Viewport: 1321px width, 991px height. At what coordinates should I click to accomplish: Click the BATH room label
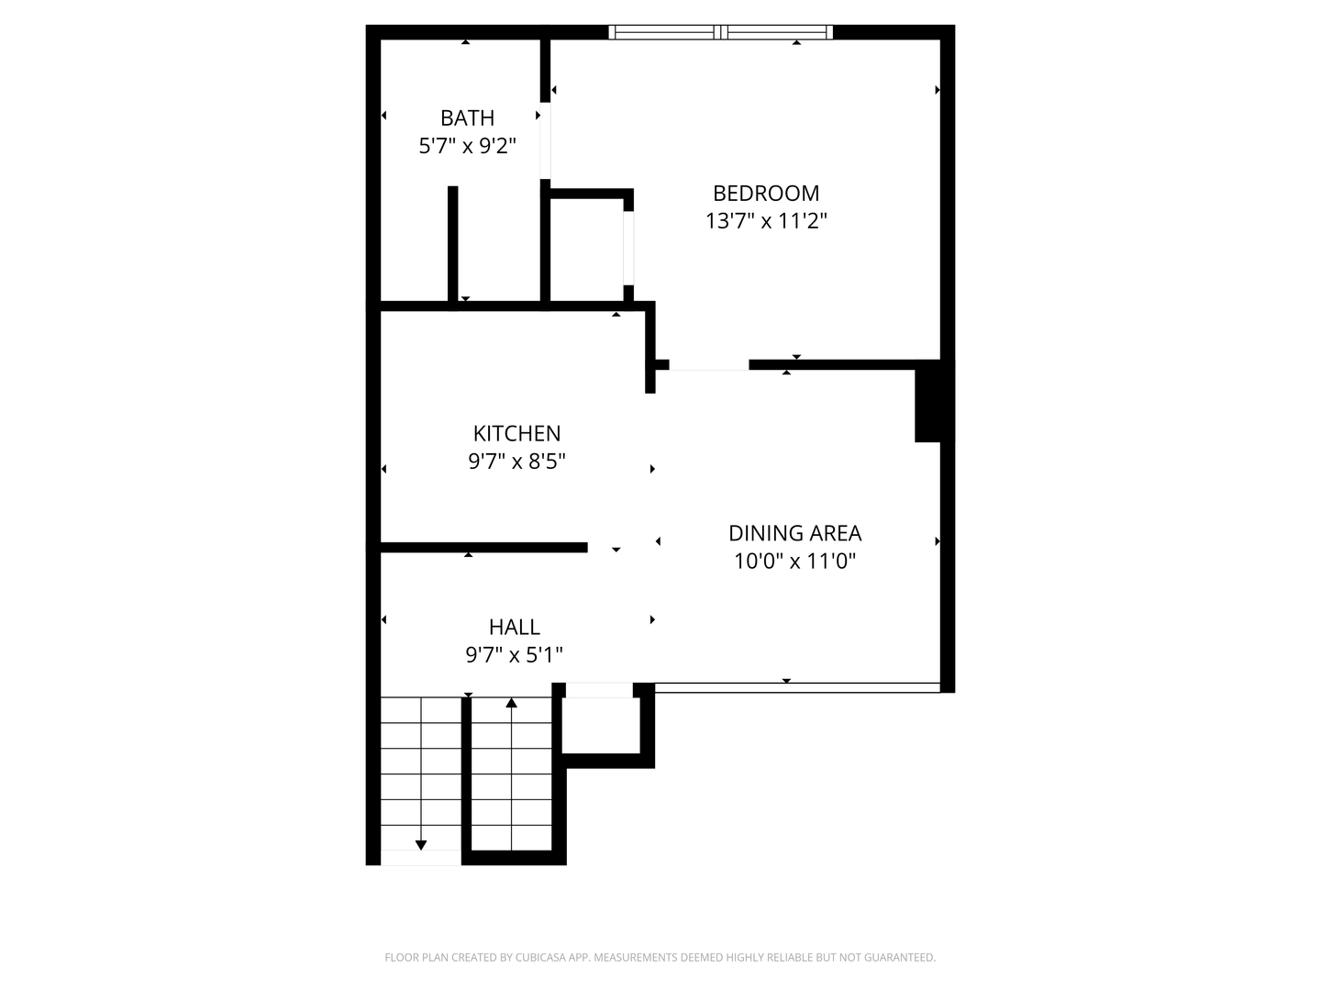click(x=467, y=118)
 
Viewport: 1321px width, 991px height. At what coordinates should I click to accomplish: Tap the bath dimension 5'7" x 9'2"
click(x=467, y=146)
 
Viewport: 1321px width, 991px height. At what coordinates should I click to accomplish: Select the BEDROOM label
click(x=766, y=194)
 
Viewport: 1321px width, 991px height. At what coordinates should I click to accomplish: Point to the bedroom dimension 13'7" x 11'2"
click(x=766, y=221)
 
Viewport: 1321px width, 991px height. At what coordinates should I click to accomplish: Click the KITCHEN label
click(x=516, y=434)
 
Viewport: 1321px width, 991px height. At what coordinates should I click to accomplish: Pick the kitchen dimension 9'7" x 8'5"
click(x=516, y=462)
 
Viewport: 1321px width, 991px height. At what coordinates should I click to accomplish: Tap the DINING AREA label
click(x=794, y=533)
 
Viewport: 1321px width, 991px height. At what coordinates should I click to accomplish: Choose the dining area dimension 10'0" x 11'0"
click(x=794, y=561)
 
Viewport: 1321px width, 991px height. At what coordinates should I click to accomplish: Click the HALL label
click(x=514, y=628)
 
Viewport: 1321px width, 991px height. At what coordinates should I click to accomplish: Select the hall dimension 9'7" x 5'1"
click(x=514, y=655)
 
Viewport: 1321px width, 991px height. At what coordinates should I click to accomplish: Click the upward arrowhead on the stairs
click(x=512, y=704)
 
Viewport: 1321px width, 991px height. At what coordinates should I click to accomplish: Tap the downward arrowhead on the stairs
click(x=421, y=844)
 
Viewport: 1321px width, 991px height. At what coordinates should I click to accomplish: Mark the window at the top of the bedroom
click(x=721, y=33)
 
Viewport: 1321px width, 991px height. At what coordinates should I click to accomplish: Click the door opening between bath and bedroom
click(x=545, y=140)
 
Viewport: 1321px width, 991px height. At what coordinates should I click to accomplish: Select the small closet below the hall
click(x=600, y=725)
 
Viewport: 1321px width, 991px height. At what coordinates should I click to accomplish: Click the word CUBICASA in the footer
click(x=541, y=958)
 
